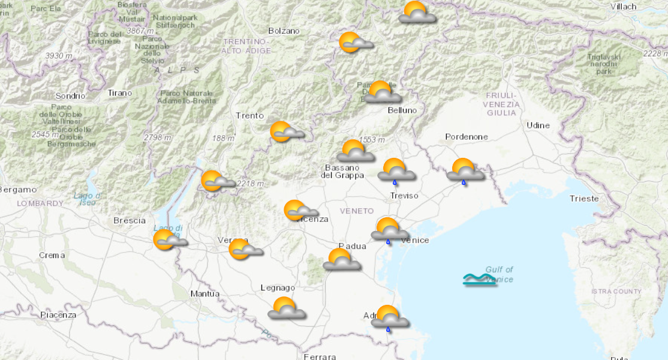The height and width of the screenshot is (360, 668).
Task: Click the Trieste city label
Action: [x=583, y=199]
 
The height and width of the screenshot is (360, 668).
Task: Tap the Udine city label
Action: [x=537, y=125]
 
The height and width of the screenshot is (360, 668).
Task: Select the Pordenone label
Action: [x=466, y=137]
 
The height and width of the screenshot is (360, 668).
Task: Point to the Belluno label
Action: [x=401, y=110]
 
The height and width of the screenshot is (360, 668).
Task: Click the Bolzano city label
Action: [x=284, y=31]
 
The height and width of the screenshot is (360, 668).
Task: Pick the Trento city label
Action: [x=249, y=115]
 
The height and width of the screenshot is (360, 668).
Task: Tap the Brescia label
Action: [x=130, y=220]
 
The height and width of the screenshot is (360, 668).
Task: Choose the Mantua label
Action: [x=204, y=294]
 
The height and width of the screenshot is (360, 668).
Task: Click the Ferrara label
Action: [x=320, y=356]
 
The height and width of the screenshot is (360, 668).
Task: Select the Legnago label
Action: [x=278, y=288]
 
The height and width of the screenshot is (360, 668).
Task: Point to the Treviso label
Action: [x=404, y=196]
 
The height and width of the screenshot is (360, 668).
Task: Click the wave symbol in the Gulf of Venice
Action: [x=480, y=279]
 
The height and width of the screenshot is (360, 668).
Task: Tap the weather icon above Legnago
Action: [x=287, y=307]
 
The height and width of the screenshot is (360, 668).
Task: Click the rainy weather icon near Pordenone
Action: [x=465, y=170]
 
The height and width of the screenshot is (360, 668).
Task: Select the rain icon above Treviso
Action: [x=396, y=170]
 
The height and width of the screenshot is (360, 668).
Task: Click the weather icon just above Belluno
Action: [x=382, y=92]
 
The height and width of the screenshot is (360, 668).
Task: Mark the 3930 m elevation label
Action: [x=59, y=56]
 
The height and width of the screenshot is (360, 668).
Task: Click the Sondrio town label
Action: [x=67, y=96]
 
